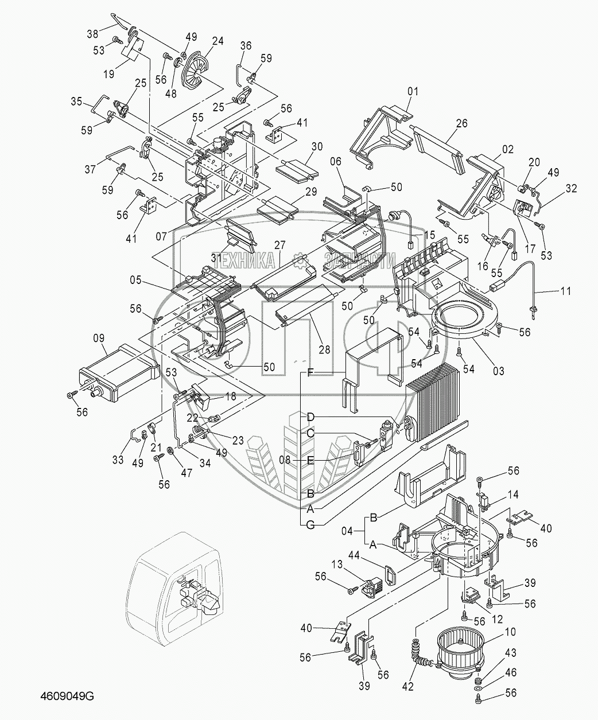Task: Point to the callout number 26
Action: [x=462, y=123]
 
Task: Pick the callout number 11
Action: [x=565, y=291]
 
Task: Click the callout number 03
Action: [x=498, y=371]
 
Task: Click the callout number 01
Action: [x=413, y=91]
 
